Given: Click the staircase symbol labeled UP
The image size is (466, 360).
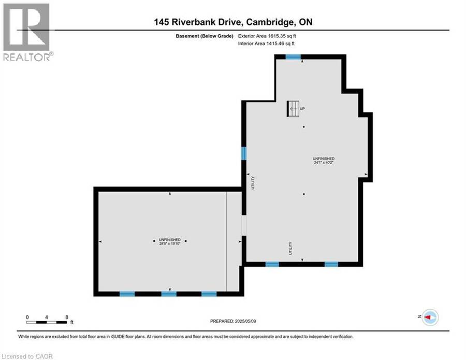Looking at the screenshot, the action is [293, 109].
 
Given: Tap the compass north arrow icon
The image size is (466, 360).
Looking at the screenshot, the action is [430, 317].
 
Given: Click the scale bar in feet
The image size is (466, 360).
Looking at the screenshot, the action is [47, 322].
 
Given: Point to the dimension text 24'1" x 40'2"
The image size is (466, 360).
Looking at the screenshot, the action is [323, 163].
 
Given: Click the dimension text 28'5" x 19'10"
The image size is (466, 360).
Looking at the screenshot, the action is [170, 243].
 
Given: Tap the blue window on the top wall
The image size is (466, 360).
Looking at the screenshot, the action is [293, 57].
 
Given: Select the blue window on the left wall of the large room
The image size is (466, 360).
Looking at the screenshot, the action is [244, 153].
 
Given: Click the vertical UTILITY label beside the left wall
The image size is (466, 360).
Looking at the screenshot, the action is [253, 183].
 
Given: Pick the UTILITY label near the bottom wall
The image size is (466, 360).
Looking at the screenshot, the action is [290, 248].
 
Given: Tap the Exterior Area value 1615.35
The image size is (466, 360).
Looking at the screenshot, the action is [276, 36].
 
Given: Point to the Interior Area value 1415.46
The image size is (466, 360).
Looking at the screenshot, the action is [275, 44].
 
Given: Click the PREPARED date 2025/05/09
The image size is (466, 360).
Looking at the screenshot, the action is [245, 321].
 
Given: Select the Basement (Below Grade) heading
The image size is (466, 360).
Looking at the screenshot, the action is [205, 36].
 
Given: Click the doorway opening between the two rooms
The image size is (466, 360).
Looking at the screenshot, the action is [244, 225].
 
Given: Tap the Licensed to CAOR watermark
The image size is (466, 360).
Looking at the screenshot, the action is [27, 356].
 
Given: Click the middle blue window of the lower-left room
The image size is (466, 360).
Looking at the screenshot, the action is [169, 294].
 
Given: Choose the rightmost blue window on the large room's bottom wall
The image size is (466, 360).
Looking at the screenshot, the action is [331, 264].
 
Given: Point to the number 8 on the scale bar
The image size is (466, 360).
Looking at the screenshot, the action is [67, 317].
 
